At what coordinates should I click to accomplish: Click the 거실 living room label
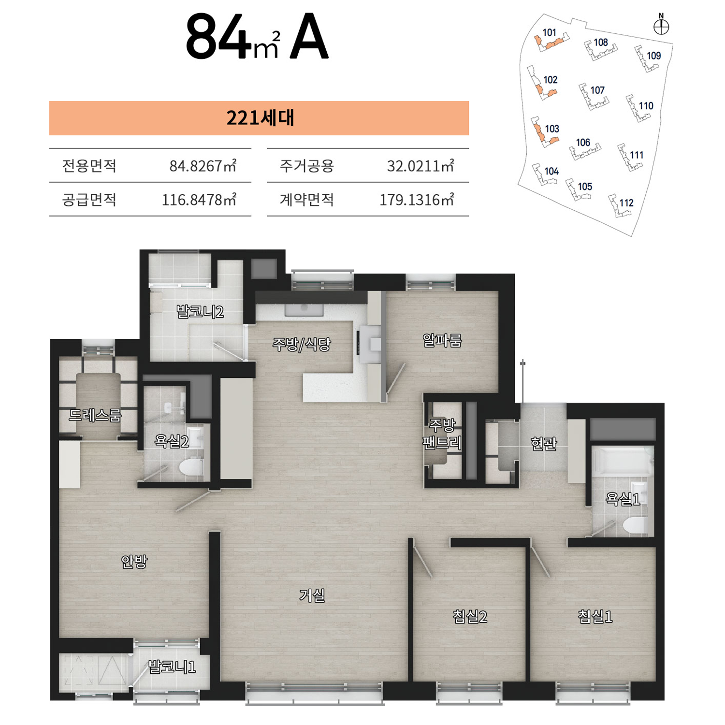point(312,595)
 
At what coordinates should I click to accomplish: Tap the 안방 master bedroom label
point(134,561)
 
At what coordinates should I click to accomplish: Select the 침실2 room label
point(469,616)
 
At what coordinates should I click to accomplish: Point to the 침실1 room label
point(595,616)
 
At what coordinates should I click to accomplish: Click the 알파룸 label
point(442,340)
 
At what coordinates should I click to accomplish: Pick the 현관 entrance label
point(544,443)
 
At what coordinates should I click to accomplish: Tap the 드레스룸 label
point(95,415)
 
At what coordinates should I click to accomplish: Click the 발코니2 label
point(200,311)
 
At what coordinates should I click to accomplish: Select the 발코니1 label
point(172,667)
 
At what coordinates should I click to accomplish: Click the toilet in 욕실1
point(634,525)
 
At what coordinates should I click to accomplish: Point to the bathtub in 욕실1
point(623,462)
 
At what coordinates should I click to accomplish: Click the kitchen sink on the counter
point(304,309)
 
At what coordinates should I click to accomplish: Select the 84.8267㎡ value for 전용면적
point(203,166)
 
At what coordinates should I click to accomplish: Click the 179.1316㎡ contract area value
point(417,200)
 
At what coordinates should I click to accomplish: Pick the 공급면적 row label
point(89,200)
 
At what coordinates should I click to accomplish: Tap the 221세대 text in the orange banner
point(260,118)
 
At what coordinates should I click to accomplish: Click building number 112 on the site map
point(626,203)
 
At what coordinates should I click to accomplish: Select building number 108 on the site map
point(601,43)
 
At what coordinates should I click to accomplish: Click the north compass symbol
point(661,27)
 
